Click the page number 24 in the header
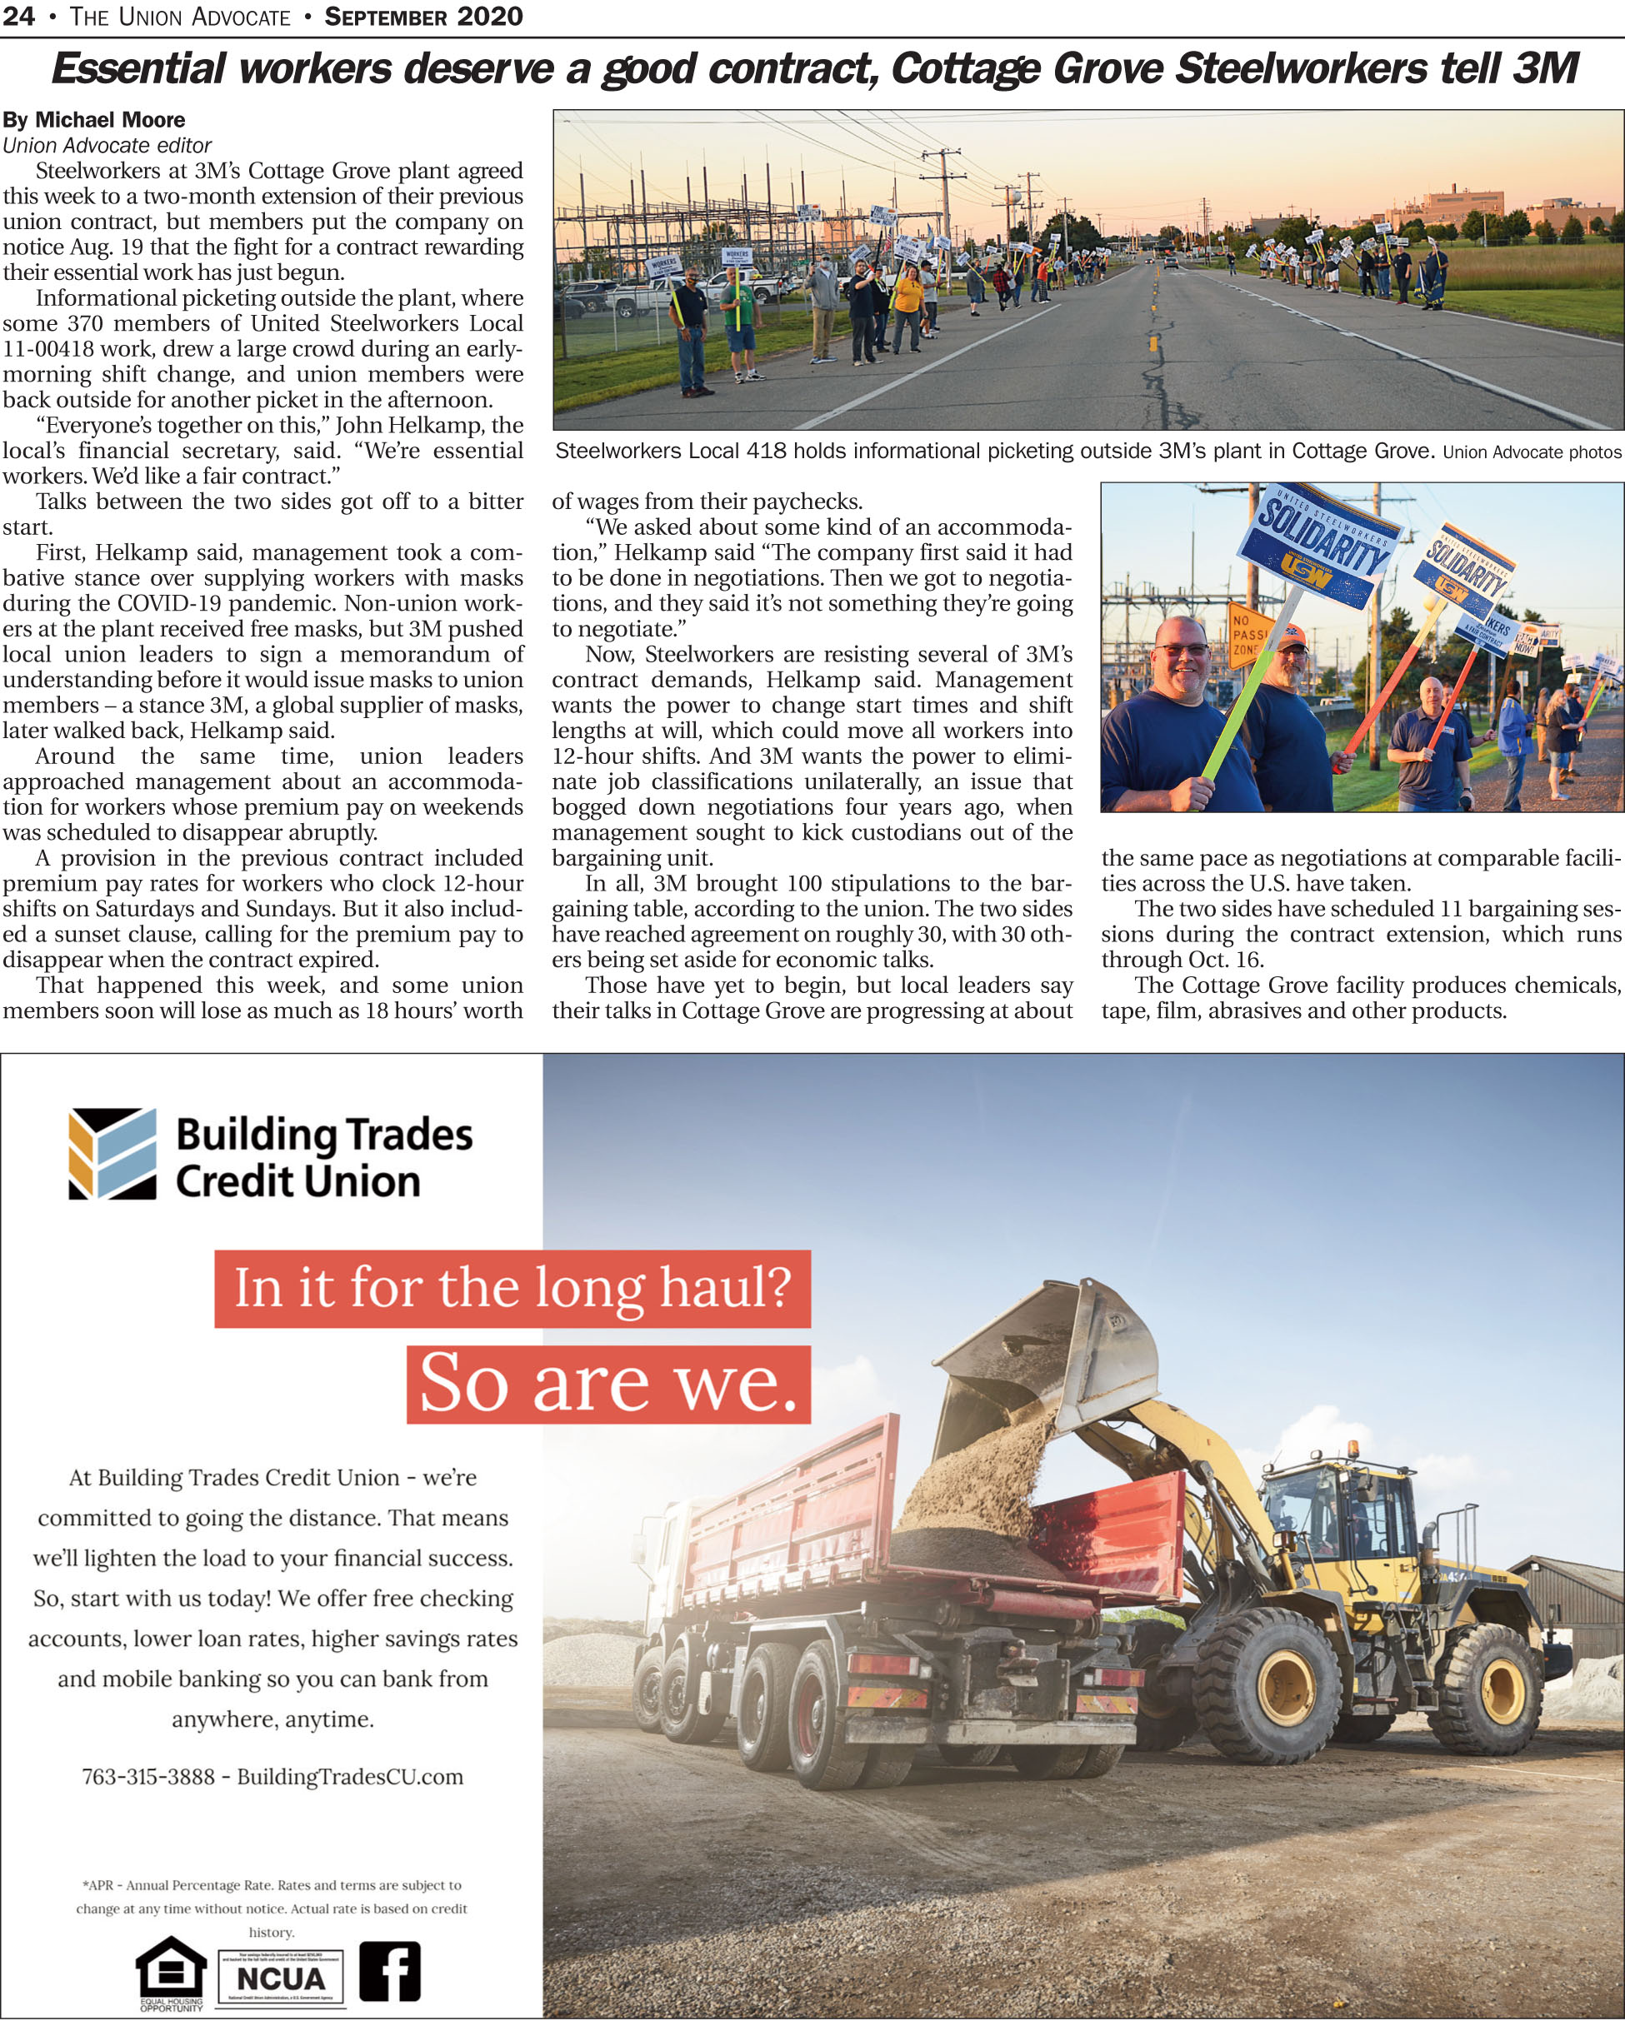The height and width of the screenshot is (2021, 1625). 19,16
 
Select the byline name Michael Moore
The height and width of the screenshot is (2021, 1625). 110,120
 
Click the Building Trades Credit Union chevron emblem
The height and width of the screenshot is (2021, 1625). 112,1154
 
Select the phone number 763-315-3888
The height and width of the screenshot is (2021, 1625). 148,1776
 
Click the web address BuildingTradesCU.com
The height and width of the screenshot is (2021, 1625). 350,1776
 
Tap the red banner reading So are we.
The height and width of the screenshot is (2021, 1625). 607,1384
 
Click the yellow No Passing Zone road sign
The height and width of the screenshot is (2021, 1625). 1247,634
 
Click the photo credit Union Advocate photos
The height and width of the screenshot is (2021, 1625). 1531,452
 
